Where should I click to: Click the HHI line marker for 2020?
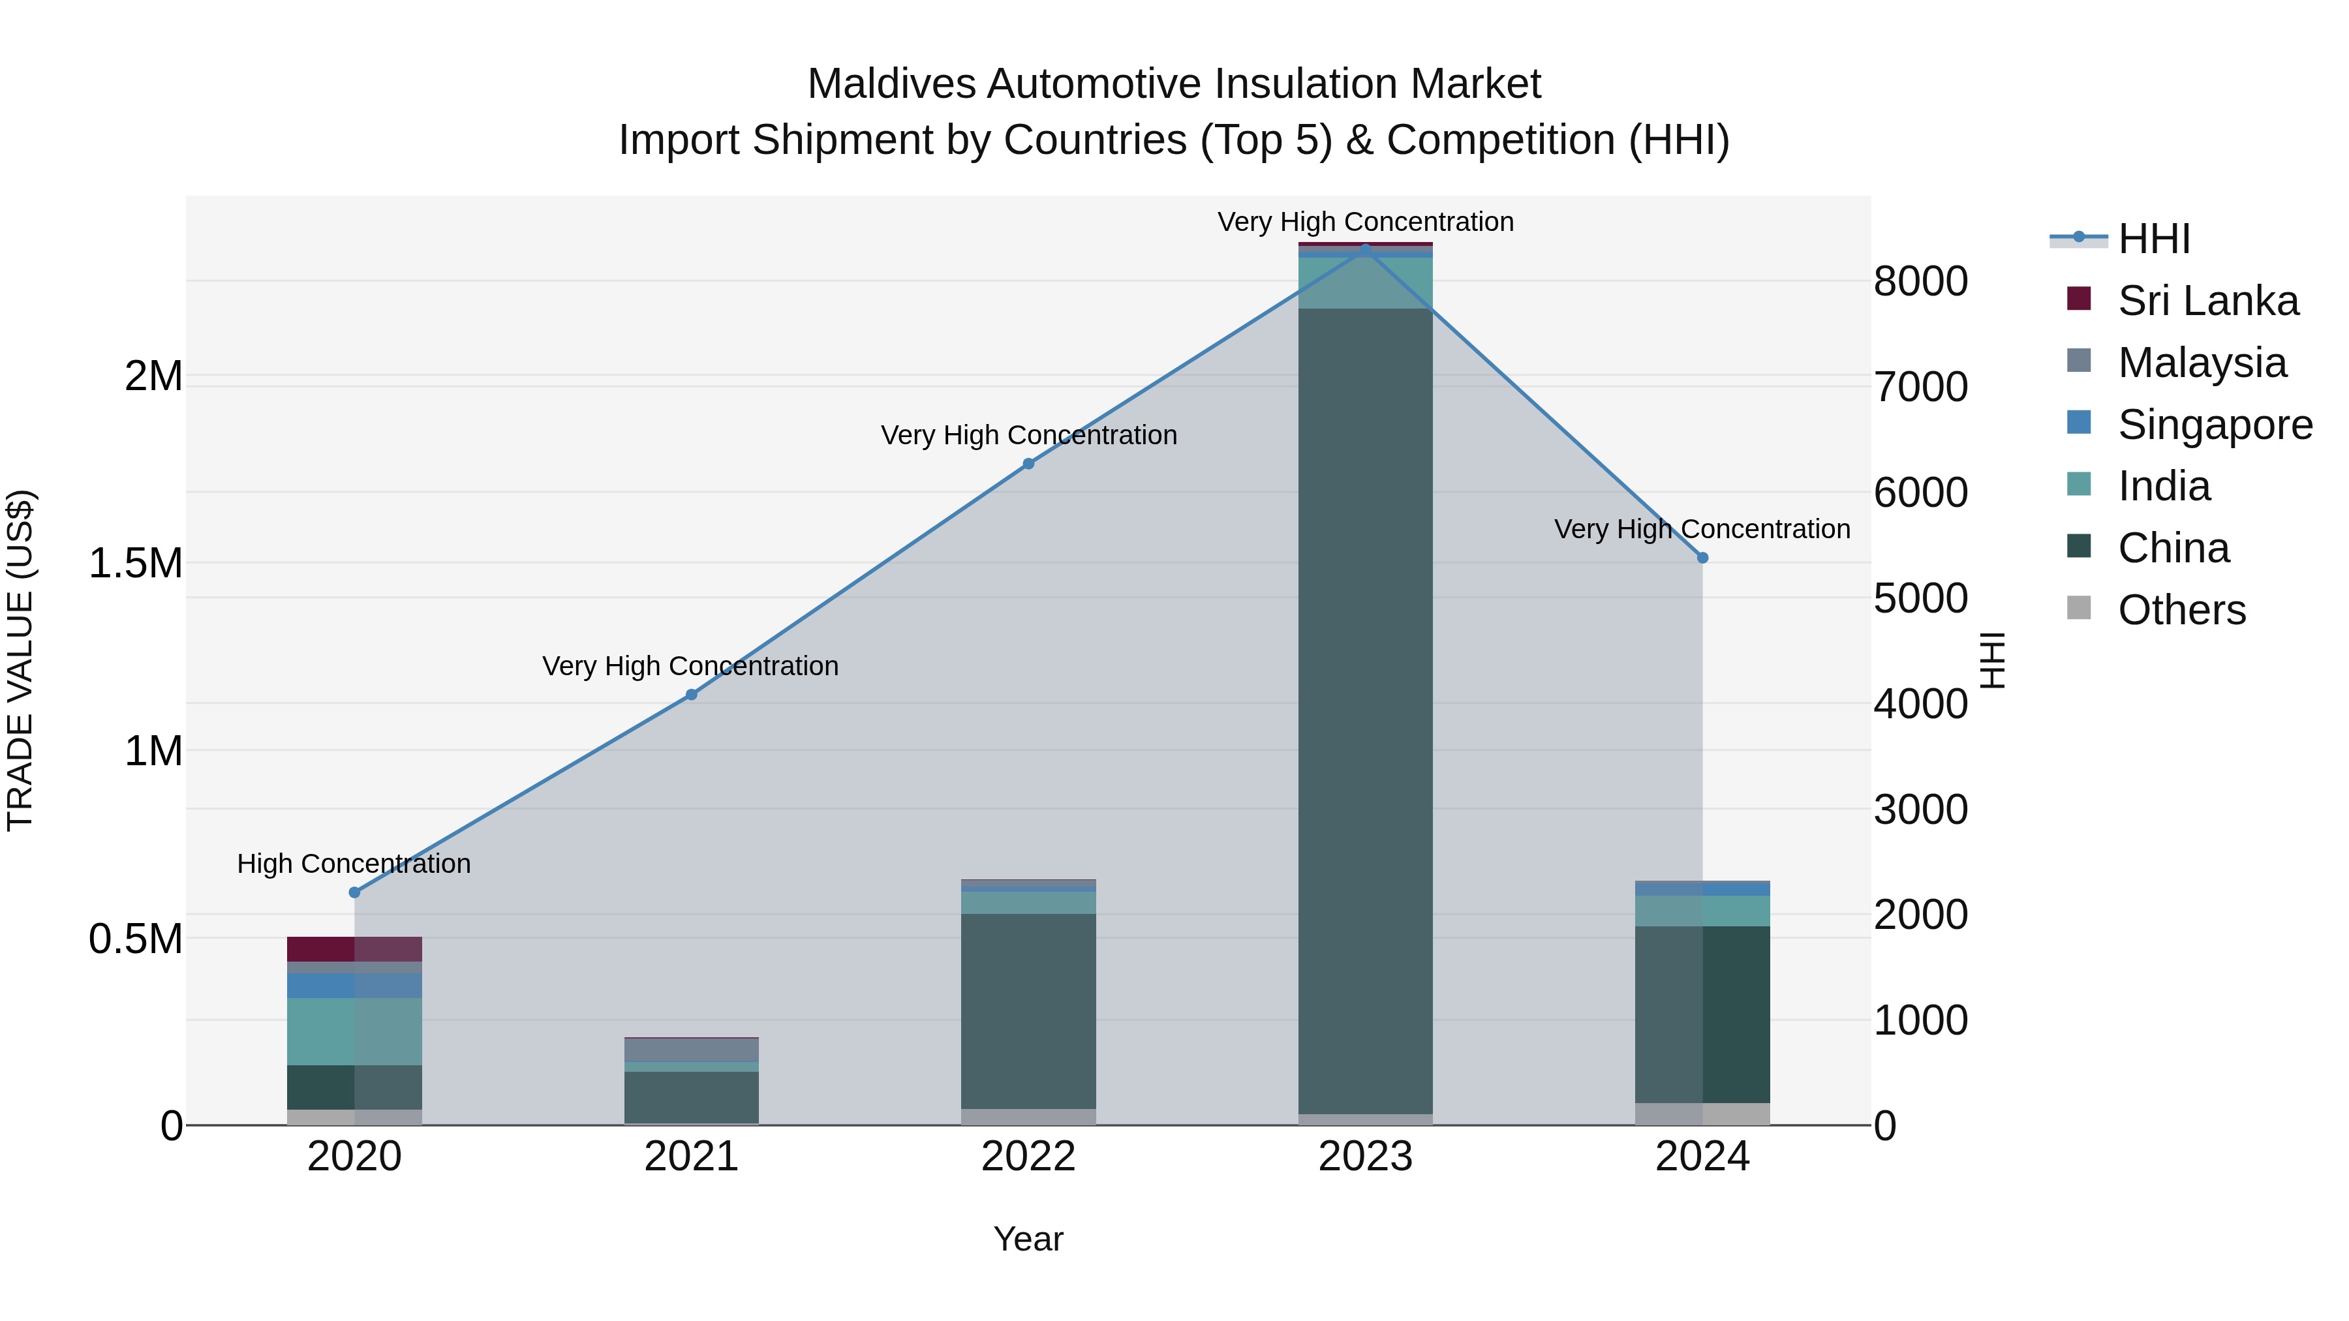[x=355, y=892]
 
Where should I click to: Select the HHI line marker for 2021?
[x=691, y=695]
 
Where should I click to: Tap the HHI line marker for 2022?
[x=1028, y=464]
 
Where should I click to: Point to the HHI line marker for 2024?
[x=1702, y=558]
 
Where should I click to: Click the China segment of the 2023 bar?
[x=1365, y=711]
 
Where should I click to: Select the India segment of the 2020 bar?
[x=355, y=1031]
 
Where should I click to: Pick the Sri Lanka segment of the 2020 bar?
[x=355, y=949]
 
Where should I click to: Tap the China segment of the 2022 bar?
[x=1028, y=1011]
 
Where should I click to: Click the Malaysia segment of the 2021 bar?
[x=691, y=1050]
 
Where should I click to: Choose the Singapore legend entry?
[x=2214, y=425]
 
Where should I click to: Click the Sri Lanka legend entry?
[x=2207, y=301]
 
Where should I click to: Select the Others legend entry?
[x=2181, y=610]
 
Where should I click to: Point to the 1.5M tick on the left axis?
[x=135, y=564]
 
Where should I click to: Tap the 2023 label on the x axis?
[x=1365, y=1157]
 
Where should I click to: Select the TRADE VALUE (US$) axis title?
[x=20, y=660]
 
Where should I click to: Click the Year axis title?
[x=1028, y=1239]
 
